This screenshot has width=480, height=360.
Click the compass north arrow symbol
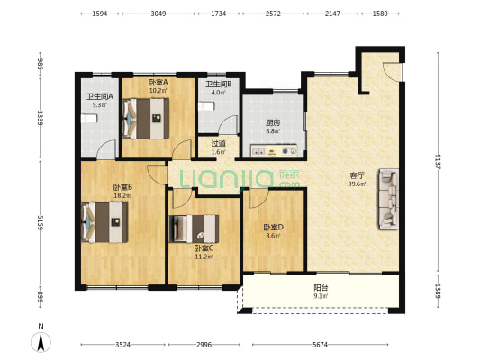[x=41, y=342]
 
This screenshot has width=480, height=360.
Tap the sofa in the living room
[x=388, y=199]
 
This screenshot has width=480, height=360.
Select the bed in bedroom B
[x=104, y=222]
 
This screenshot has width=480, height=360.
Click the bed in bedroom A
[x=146, y=119]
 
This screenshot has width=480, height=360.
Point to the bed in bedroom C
[x=195, y=229]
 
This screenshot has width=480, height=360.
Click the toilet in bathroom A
[x=89, y=119]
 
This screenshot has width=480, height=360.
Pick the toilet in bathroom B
[x=206, y=106]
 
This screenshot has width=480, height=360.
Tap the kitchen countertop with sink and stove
[x=274, y=151]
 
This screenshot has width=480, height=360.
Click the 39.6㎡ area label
[x=357, y=184]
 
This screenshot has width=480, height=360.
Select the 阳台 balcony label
[x=322, y=287]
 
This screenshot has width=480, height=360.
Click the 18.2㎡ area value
[x=122, y=195]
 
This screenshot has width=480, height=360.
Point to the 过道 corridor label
[x=219, y=143]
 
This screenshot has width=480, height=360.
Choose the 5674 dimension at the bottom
[x=321, y=345]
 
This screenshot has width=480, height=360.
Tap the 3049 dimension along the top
[x=158, y=13]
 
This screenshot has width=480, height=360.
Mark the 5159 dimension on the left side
[x=41, y=222]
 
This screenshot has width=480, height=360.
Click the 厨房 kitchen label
[x=273, y=123]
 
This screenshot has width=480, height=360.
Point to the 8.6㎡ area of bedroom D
[x=273, y=236]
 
